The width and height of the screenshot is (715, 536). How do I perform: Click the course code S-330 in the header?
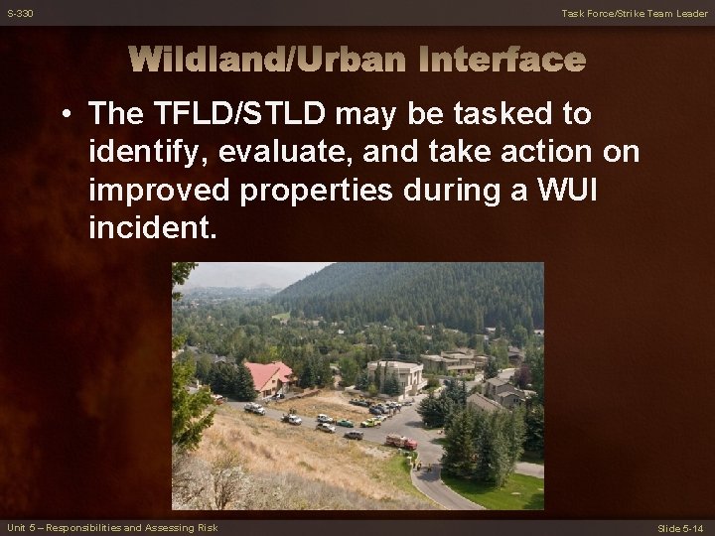[20, 13]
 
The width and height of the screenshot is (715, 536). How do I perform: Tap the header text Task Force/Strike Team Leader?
[635, 13]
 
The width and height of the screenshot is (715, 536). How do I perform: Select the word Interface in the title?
[501, 61]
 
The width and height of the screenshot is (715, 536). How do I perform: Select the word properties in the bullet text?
[304, 191]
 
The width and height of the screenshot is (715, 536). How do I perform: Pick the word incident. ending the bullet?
[151, 228]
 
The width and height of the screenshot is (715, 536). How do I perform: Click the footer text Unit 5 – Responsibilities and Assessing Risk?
[111, 527]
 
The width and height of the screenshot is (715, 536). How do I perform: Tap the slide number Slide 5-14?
[682, 527]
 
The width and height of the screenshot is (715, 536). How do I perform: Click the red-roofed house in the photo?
[269, 376]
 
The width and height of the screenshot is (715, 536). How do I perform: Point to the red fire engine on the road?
[401, 441]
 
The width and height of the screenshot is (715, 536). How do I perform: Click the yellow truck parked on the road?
[368, 422]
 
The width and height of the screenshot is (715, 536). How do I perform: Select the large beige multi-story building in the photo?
[394, 374]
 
